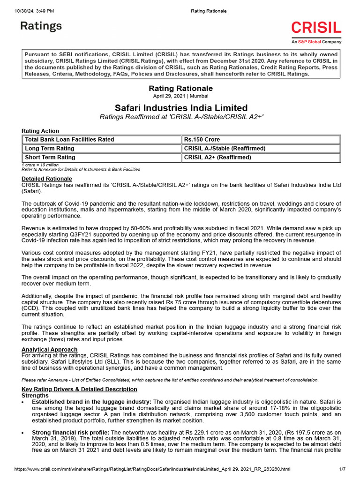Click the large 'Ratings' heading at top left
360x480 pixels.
(x=41, y=26)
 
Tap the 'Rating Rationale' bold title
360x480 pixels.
(x=180, y=88)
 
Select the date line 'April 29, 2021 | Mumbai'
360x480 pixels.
(x=180, y=96)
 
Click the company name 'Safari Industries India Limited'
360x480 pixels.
(x=181, y=108)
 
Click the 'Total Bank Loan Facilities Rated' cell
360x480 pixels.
(x=69, y=140)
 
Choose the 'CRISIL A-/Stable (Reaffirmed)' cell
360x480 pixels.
(x=225, y=149)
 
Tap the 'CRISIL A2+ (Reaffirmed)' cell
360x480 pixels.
(x=217, y=157)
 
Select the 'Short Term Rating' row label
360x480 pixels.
(x=50, y=157)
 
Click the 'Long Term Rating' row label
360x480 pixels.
(x=49, y=149)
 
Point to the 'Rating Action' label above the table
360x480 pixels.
(x=40, y=131)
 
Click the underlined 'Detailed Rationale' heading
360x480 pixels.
(x=47, y=179)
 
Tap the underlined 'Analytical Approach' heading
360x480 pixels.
(x=50, y=350)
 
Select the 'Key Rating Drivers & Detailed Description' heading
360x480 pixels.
(x=80, y=390)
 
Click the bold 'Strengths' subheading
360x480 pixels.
(x=35, y=396)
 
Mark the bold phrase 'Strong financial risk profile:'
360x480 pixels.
(x=70, y=432)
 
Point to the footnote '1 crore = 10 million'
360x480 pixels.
(x=40, y=165)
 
